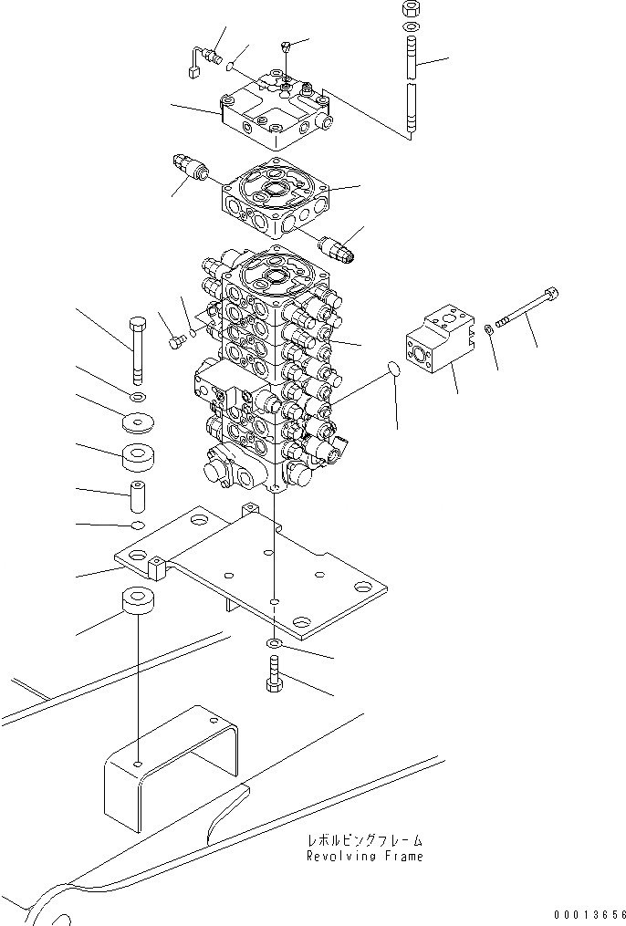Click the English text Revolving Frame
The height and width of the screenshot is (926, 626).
(x=365, y=857)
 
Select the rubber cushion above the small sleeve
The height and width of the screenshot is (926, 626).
(x=139, y=456)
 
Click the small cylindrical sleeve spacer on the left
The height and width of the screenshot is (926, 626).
(x=139, y=497)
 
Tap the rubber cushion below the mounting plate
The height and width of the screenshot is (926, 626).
(x=139, y=605)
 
